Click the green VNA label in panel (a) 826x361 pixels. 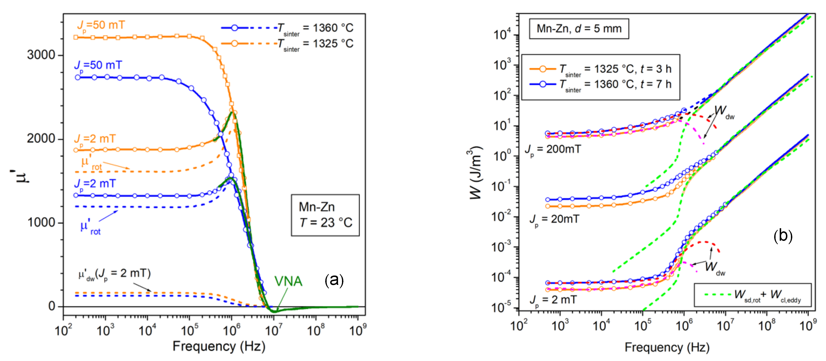coord(288,281)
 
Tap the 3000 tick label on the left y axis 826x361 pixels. coord(41,55)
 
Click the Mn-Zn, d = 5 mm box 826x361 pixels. coord(578,29)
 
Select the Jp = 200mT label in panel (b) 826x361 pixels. coord(553,149)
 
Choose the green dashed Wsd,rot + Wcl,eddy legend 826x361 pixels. coord(752,295)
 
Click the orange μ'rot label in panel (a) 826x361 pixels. coord(91,163)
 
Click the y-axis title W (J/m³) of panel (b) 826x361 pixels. coord(476,173)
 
